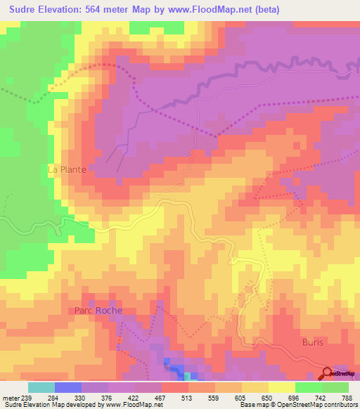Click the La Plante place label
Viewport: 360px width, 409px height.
[x=66, y=169]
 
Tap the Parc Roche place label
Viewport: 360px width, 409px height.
[x=98, y=310]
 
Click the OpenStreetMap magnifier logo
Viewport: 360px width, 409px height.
[x=328, y=372]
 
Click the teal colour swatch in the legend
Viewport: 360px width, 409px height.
[x=41, y=387]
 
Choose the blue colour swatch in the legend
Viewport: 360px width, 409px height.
[x=68, y=387]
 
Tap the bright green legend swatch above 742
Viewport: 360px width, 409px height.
[x=309, y=387]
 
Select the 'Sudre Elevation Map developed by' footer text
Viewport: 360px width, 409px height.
[x=44, y=405]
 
